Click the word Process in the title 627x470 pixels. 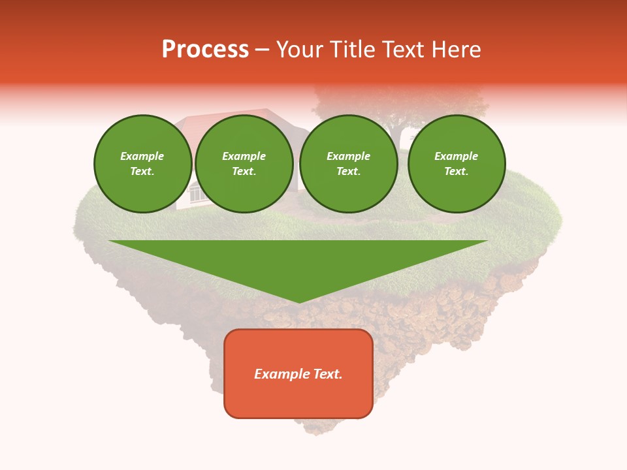click(x=205, y=50)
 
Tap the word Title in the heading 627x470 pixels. click(x=351, y=50)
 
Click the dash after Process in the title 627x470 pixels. click(x=262, y=50)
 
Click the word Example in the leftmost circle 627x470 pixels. click(x=142, y=156)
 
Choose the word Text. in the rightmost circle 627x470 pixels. click(x=456, y=171)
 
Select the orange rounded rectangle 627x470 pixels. click(x=298, y=398)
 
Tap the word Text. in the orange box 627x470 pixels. click(x=327, y=374)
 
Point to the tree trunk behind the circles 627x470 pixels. click(x=396, y=136)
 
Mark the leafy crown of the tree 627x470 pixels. click(x=402, y=101)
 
